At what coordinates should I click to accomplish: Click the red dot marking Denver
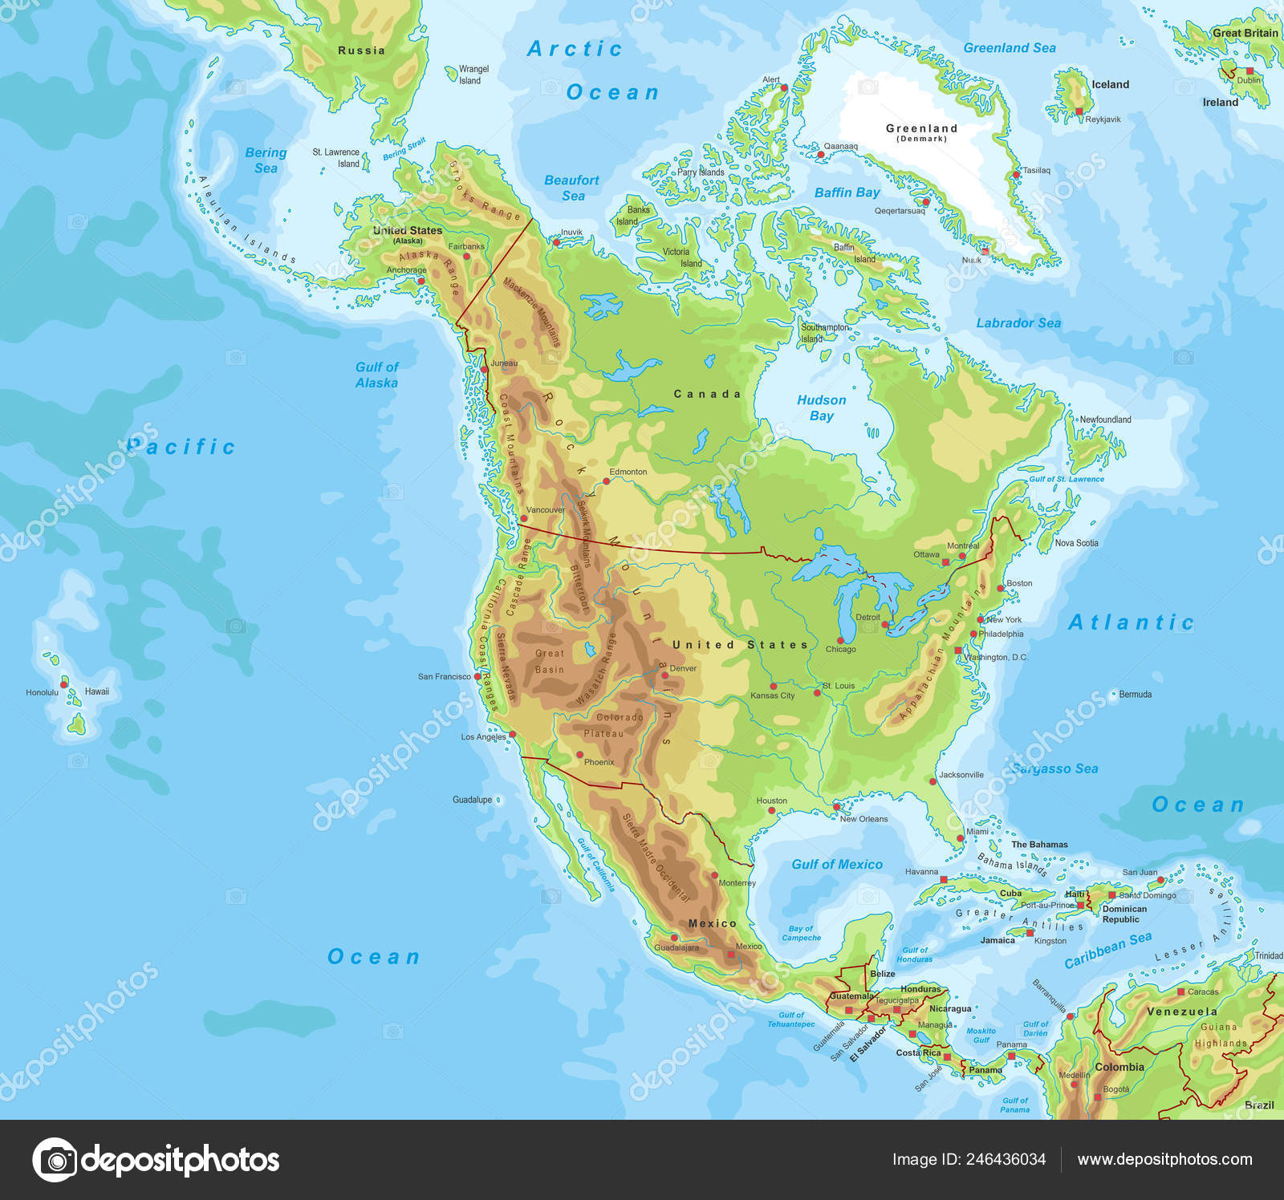tap(664, 675)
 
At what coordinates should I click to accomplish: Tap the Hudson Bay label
tap(821, 407)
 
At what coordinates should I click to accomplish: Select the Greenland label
tap(921, 128)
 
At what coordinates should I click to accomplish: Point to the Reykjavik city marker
tap(1079, 111)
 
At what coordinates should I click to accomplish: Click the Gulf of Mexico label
tap(836, 864)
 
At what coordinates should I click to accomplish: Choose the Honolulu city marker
tap(64, 684)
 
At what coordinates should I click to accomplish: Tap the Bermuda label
tap(1135, 694)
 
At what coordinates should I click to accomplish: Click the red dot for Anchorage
tap(421, 281)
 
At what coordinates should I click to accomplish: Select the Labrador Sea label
tap(1018, 322)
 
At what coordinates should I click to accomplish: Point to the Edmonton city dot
tap(607, 481)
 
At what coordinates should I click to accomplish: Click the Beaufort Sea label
tap(571, 188)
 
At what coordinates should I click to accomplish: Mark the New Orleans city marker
tap(836, 807)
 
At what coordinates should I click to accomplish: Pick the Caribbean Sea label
tap(1107, 949)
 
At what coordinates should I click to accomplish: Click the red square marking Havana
tap(944, 879)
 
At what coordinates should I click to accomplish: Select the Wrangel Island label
tap(473, 75)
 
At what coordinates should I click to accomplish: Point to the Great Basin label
tap(550, 661)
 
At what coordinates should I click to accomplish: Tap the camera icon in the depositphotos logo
tap(55, 1160)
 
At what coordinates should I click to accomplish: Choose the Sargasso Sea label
tap(1054, 768)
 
